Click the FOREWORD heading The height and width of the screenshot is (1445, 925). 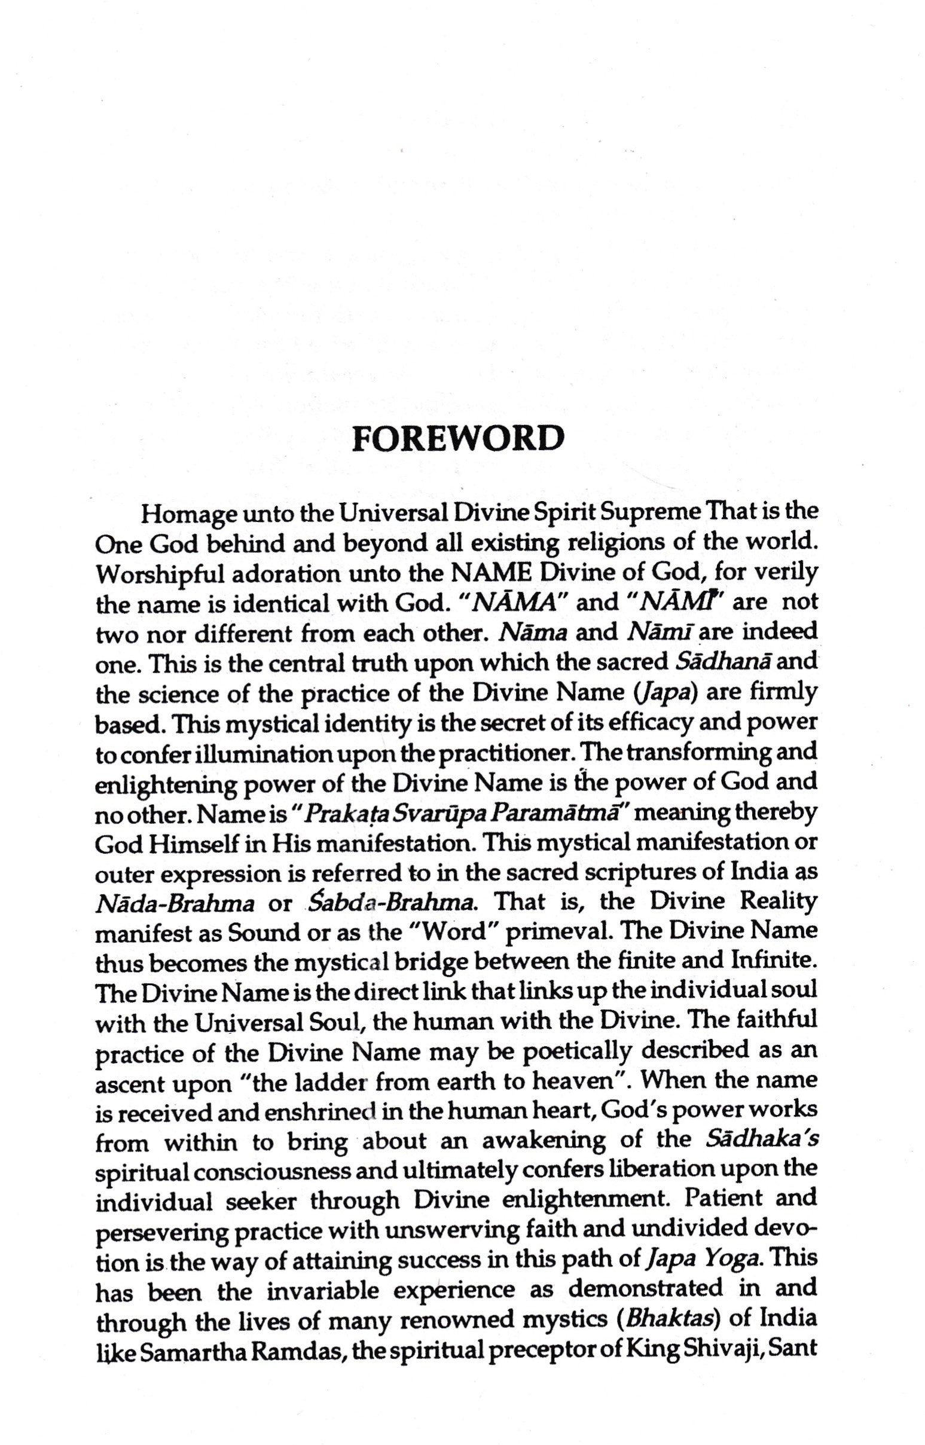click(457, 439)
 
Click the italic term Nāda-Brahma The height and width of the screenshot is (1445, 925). click(175, 904)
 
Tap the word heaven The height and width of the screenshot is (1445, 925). click(575, 1082)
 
